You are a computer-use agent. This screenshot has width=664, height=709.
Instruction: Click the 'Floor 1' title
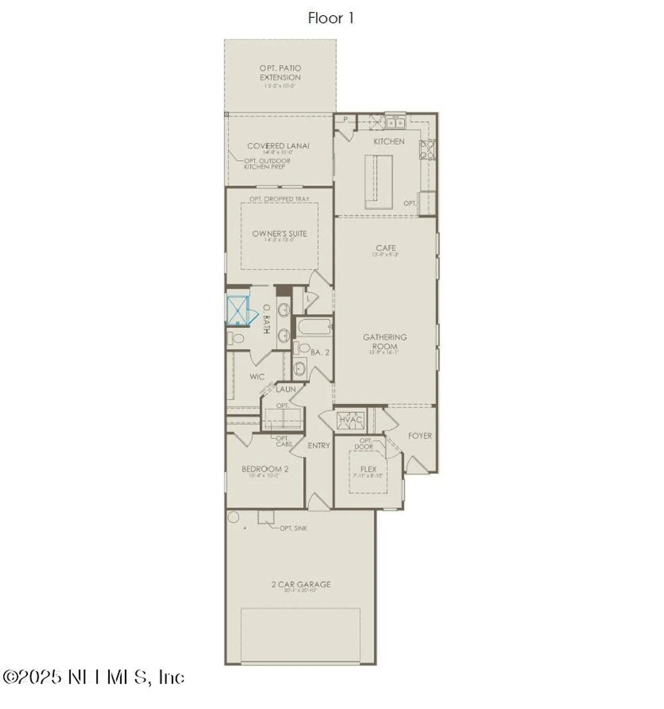coord(331,18)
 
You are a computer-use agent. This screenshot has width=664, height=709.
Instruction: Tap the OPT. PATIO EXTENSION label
coord(280,73)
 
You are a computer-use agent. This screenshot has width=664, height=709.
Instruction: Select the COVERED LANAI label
coord(278,146)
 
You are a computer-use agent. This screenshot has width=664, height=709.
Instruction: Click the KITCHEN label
coord(389,141)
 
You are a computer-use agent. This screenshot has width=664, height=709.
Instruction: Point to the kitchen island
coord(378,181)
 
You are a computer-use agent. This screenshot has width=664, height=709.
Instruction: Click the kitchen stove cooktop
coord(427,150)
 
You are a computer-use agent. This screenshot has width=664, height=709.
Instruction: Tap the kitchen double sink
coord(395,123)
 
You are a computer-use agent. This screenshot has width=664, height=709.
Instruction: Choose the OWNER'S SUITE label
coord(280,233)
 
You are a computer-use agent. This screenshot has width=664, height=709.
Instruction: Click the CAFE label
coord(386,248)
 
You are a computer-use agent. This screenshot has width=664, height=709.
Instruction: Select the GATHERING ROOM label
coord(385,341)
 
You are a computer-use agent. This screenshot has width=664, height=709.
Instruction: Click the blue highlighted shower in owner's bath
coord(237,311)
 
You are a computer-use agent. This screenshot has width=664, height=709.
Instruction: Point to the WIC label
coord(257,377)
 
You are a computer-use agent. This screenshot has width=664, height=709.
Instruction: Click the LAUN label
coord(286,389)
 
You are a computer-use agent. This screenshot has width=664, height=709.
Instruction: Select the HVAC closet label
coord(350,420)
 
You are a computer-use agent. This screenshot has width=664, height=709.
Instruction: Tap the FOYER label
coord(420,436)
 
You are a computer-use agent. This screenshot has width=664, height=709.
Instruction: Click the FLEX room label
coord(368,469)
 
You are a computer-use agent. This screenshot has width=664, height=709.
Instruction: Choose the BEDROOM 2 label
coord(265,469)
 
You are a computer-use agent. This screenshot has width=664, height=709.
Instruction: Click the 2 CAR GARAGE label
coord(301,584)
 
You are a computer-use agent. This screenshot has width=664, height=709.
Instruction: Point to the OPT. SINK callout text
coord(293,528)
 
